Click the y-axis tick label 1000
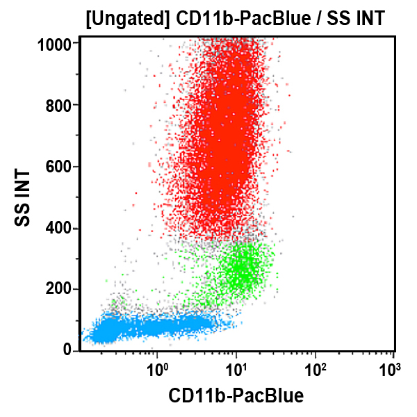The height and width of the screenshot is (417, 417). (55, 44)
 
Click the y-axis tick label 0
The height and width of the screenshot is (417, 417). (67, 350)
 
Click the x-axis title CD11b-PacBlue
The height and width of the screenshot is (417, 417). (236, 396)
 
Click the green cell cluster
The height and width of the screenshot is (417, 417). (240, 268)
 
